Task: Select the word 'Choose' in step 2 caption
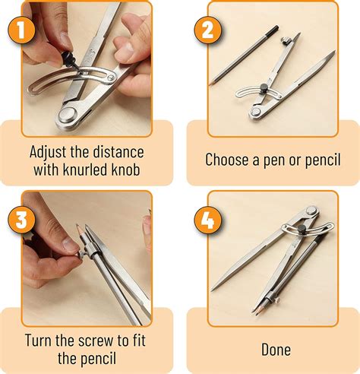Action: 226,160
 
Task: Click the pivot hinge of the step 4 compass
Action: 309,209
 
